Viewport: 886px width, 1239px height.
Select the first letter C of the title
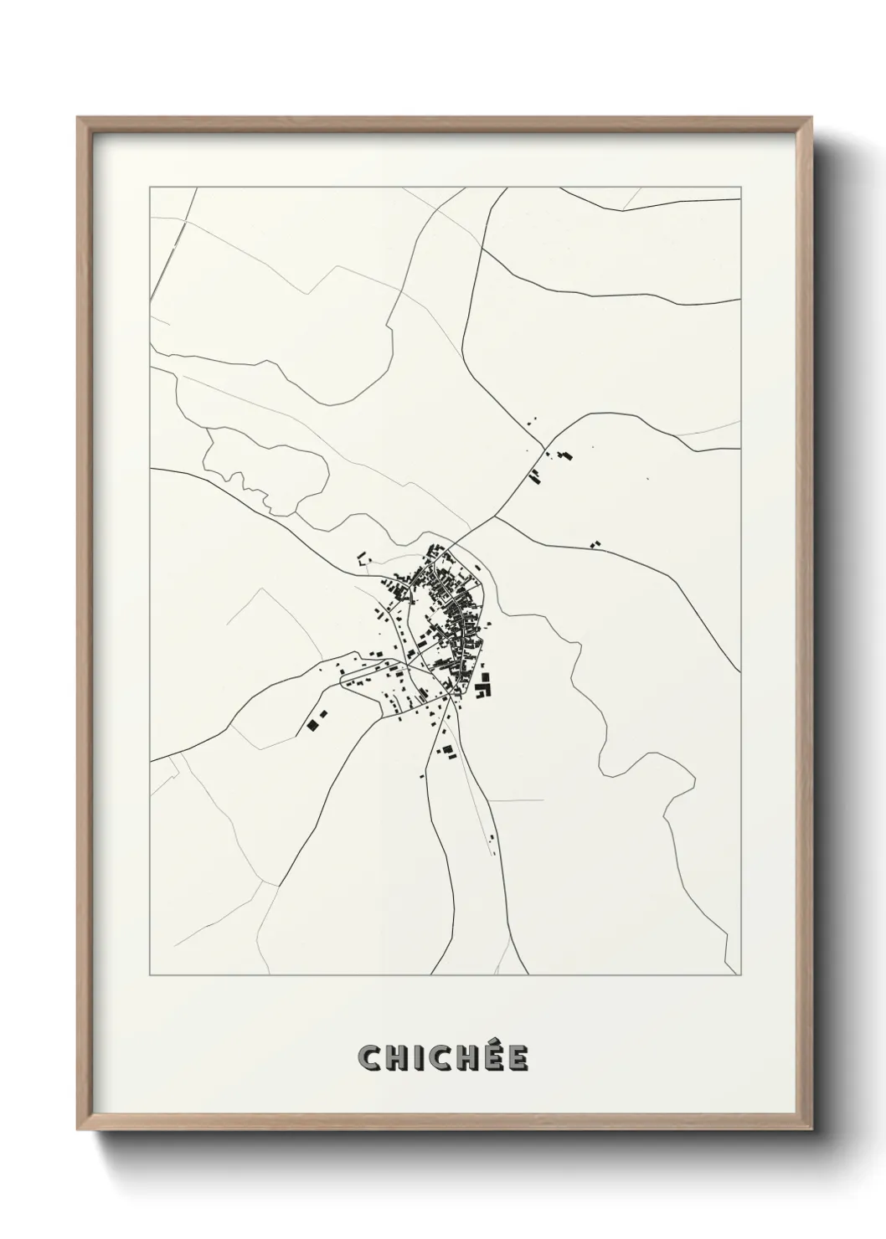tap(369, 1059)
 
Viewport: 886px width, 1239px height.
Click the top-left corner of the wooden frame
tap(79, 118)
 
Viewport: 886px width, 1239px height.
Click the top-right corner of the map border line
tap(741, 187)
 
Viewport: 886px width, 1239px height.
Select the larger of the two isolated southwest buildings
tap(314, 724)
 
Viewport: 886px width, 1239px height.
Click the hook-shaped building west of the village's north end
tap(362, 558)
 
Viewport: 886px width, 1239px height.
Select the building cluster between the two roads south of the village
tap(446, 749)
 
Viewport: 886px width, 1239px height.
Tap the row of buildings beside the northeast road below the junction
tap(533, 476)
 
